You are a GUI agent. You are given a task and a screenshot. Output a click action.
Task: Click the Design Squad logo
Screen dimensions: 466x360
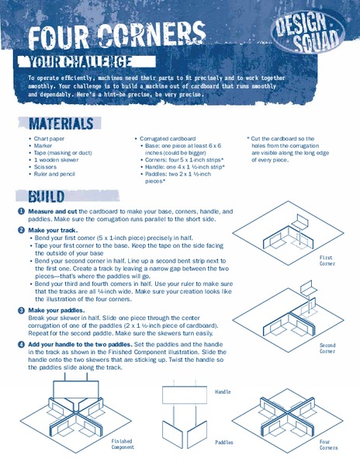click(309, 30)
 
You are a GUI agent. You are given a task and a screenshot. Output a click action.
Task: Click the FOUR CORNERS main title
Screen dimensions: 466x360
click(116, 34)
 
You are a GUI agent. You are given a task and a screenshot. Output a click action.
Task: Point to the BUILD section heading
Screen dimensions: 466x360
click(51, 196)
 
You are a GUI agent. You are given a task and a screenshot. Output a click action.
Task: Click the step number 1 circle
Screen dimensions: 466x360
click(21, 211)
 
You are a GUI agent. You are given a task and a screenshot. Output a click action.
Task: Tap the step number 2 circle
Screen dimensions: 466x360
click(21, 231)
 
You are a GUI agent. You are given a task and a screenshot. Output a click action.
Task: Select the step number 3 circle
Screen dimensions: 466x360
click(21, 310)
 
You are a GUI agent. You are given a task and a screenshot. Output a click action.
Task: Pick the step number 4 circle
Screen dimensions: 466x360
click(21, 343)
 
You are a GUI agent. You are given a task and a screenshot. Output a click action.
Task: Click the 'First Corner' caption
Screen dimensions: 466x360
click(327, 260)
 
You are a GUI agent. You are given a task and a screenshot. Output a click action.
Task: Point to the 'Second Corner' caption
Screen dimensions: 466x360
click(327, 348)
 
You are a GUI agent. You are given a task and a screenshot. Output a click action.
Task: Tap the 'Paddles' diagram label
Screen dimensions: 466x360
click(224, 441)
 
